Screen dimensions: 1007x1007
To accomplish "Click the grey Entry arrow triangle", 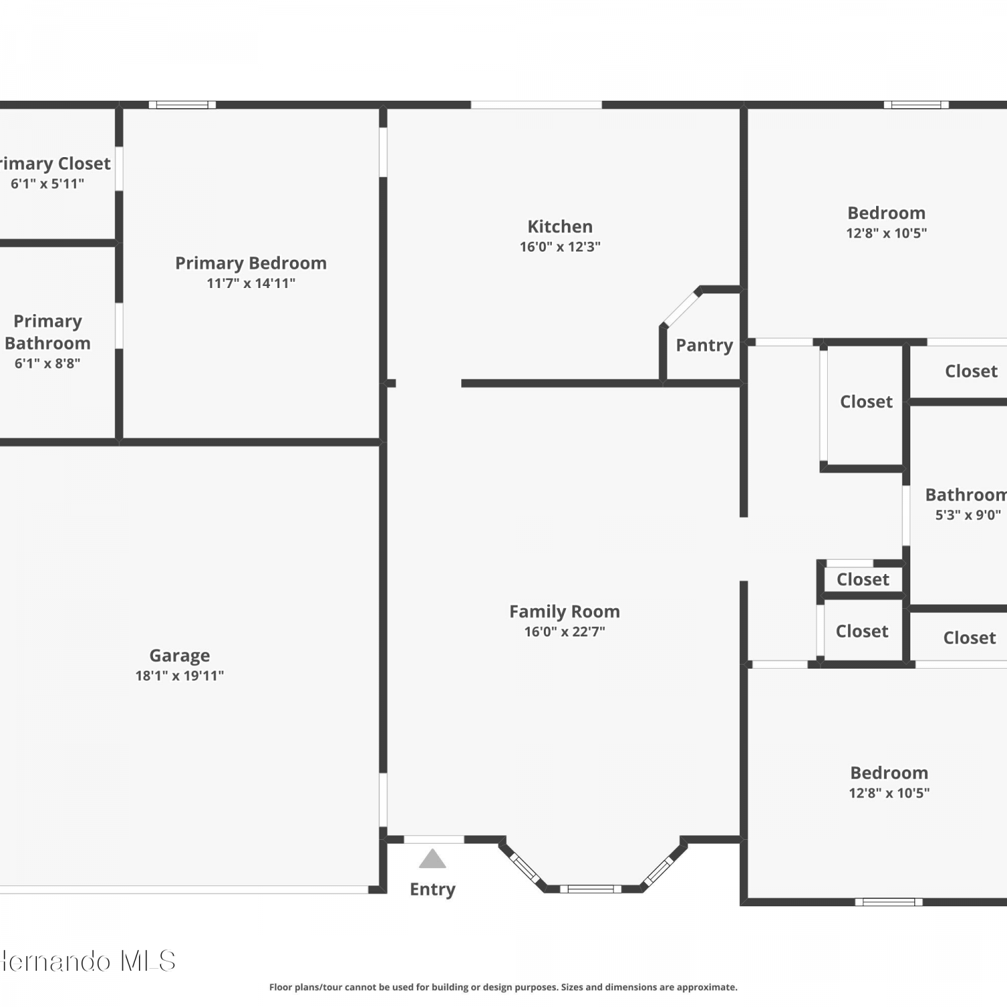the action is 432,859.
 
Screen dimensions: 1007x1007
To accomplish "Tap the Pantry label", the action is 704,345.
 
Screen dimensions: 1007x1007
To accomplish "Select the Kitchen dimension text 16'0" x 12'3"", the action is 560,246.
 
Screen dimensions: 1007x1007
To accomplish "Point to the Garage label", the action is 179,655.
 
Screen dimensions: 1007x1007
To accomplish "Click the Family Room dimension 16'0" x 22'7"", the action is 565,631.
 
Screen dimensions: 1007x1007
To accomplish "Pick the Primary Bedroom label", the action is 251,263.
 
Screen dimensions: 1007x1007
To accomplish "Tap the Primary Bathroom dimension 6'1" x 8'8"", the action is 48,363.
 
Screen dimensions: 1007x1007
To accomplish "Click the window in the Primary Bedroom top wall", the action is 182,105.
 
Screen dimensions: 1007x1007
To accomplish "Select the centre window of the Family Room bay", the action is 591,889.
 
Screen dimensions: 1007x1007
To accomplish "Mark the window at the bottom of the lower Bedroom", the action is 889,902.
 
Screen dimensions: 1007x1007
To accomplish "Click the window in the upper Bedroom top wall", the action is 916,105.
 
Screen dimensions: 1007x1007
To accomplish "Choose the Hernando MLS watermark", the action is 88,961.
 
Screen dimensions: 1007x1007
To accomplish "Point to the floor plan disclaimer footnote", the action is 503,987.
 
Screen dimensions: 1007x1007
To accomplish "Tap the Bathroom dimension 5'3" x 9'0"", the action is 968,515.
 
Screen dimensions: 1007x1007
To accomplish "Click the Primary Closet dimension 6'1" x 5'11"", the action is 47,183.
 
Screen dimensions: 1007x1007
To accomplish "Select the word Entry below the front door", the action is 432,890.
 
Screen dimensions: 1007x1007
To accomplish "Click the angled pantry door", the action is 681,308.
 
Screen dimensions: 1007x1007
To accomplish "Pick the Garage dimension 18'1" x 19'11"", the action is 179,675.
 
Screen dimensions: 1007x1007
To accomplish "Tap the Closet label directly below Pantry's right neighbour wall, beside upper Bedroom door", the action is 866,401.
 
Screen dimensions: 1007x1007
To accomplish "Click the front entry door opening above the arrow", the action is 434,839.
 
